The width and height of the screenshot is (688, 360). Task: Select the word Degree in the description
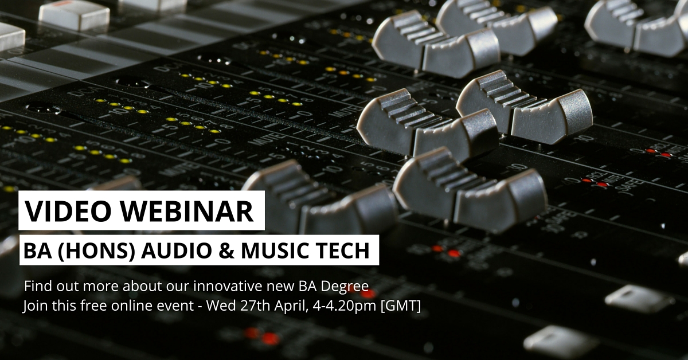coord(347,285)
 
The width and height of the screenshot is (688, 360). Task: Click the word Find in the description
coord(37,285)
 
